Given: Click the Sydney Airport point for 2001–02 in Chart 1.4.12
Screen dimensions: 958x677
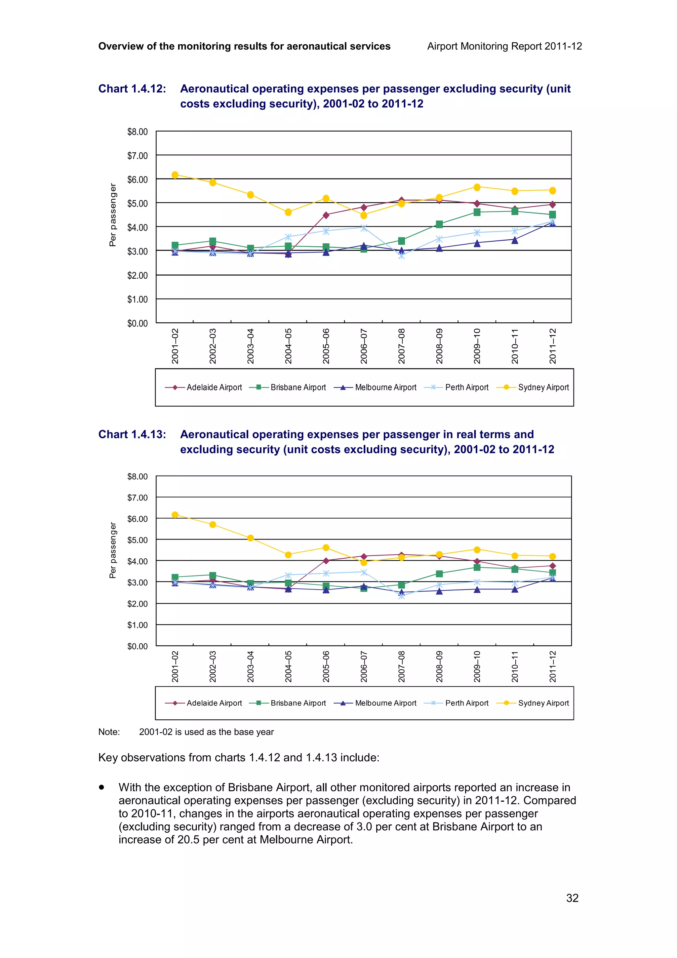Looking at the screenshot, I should [x=175, y=175].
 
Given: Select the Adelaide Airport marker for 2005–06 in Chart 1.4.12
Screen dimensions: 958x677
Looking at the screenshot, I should [x=326, y=215].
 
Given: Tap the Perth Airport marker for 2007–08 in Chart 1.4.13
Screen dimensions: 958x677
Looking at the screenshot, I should [x=401, y=596].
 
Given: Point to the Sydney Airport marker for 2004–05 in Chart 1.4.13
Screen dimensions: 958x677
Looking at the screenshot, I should [x=288, y=554].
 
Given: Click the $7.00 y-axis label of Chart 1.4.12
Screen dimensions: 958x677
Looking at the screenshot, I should [x=137, y=156].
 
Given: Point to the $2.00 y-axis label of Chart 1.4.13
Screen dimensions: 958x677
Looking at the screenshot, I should [x=137, y=604].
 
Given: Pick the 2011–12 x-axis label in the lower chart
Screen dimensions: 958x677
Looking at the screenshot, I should [x=553, y=666].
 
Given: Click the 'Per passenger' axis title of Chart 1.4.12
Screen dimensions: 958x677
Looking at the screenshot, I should [x=112, y=215].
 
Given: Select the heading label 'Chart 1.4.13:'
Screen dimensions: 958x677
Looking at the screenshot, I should [x=132, y=434].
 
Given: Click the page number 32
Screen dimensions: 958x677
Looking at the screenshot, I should [x=572, y=898].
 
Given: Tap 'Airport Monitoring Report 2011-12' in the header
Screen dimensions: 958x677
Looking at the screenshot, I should [x=504, y=46].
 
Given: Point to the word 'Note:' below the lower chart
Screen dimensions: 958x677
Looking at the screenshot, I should [x=109, y=732].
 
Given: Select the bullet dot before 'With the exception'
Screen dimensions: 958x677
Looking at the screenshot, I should [x=101, y=787].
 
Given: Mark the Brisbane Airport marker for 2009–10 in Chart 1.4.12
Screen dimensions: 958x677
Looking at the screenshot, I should [x=477, y=212].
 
